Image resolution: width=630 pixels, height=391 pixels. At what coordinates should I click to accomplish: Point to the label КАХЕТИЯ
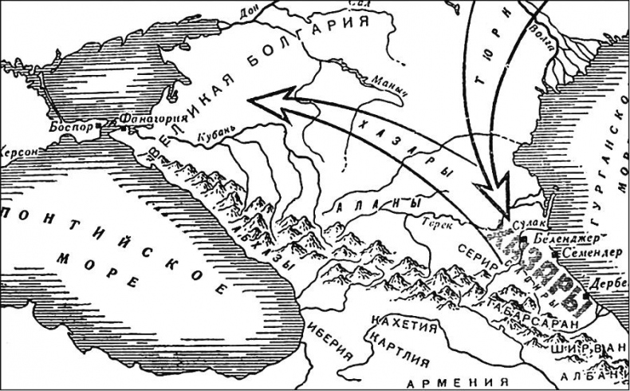point(404,326)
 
